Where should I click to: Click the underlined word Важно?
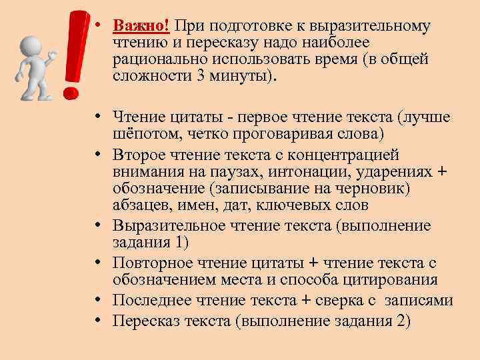click(142, 26)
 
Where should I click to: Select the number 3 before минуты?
click(200, 76)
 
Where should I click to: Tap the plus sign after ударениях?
click(441, 172)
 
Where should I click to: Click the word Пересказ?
click(142, 321)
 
